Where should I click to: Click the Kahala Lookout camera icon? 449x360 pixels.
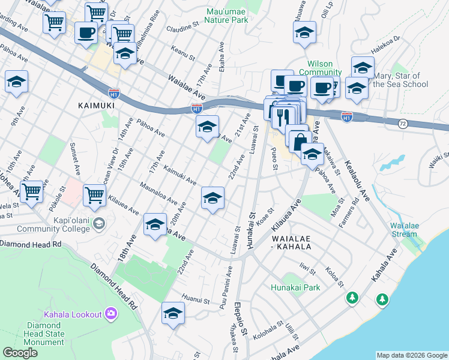pos(110,313)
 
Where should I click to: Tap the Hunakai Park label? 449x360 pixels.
pos(295,288)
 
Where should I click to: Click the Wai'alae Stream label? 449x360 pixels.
pos(403,230)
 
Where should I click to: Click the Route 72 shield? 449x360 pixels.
pos(402,123)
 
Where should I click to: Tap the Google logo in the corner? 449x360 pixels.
pos(20,353)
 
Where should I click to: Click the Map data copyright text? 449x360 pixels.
pos(412,355)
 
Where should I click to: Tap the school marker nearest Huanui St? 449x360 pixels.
pos(173,314)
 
